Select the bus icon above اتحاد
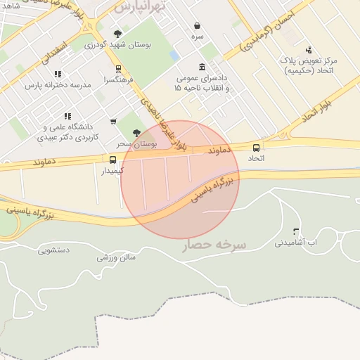(256, 148)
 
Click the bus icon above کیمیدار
(113, 160)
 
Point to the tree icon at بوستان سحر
(136, 132)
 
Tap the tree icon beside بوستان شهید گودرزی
(117, 34)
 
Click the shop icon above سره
(197, 25)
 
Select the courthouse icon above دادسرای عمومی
(202, 67)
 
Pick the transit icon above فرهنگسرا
(118, 69)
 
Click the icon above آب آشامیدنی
(295, 231)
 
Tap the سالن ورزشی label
(116, 257)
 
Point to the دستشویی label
(53, 250)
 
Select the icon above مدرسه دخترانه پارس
(58, 74)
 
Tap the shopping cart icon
(113, 122)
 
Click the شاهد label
(11, 5)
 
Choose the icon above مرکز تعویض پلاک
(309, 49)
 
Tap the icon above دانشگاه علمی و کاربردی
(67, 116)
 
